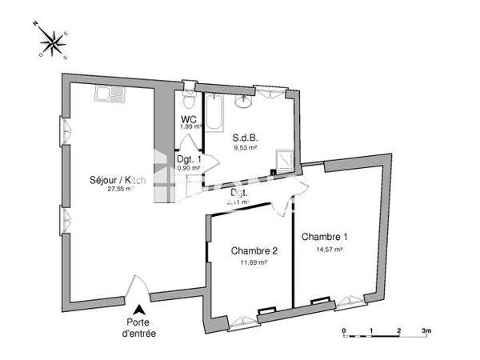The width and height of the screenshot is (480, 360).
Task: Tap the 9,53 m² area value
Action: click(245, 148)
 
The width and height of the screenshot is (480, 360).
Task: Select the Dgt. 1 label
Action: click(189, 159)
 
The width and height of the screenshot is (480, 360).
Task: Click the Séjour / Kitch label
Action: click(118, 180)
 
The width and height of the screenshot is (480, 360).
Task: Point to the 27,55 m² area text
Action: click(114, 190)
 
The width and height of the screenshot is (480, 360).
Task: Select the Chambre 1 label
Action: click(324, 238)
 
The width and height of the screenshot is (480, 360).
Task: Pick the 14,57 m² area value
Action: click(328, 250)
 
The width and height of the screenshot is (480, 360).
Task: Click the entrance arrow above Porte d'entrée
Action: click(140, 309)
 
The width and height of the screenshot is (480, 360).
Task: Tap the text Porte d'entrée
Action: click(140, 329)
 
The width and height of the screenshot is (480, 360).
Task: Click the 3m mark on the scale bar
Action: click(426, 330)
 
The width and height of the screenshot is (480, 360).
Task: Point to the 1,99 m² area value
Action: click(189, 127)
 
